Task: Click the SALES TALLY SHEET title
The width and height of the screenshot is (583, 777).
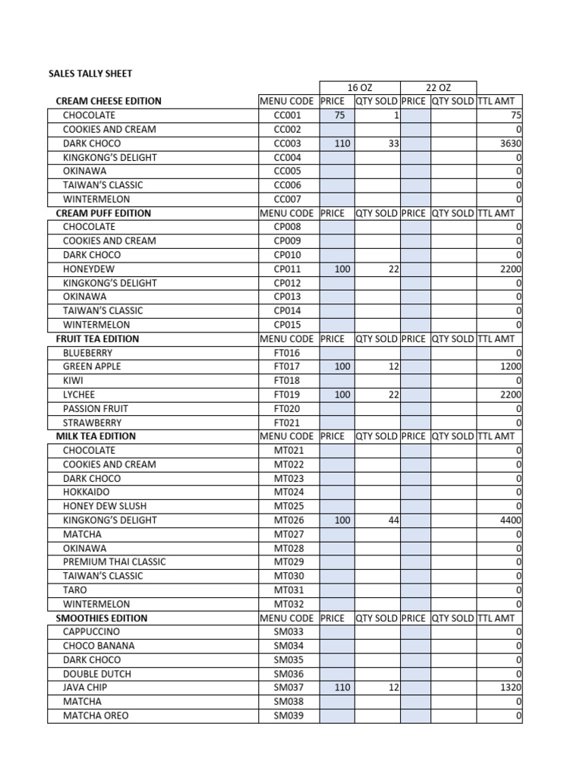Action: [x=90, y=74]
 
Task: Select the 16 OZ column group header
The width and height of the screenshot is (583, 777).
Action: [x=359, y=88]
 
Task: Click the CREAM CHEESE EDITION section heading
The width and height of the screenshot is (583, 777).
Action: [x=109, y=101]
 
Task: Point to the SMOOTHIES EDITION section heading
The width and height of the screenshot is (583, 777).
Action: [x=102, y=618]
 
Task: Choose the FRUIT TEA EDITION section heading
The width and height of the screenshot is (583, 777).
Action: [x=97, y=338]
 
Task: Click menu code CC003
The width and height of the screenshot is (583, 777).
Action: [x=287, y=143]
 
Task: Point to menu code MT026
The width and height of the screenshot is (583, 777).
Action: [x=288, y=521]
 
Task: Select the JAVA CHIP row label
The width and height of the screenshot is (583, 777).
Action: [x=85, y=687]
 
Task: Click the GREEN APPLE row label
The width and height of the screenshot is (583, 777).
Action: [x=92, y=366]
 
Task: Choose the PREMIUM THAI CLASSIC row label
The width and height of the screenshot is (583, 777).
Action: [x=114, y=562]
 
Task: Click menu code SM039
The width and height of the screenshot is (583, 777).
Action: [x=288, y=716]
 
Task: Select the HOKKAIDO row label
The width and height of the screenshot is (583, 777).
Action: [x=86, y=492]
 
